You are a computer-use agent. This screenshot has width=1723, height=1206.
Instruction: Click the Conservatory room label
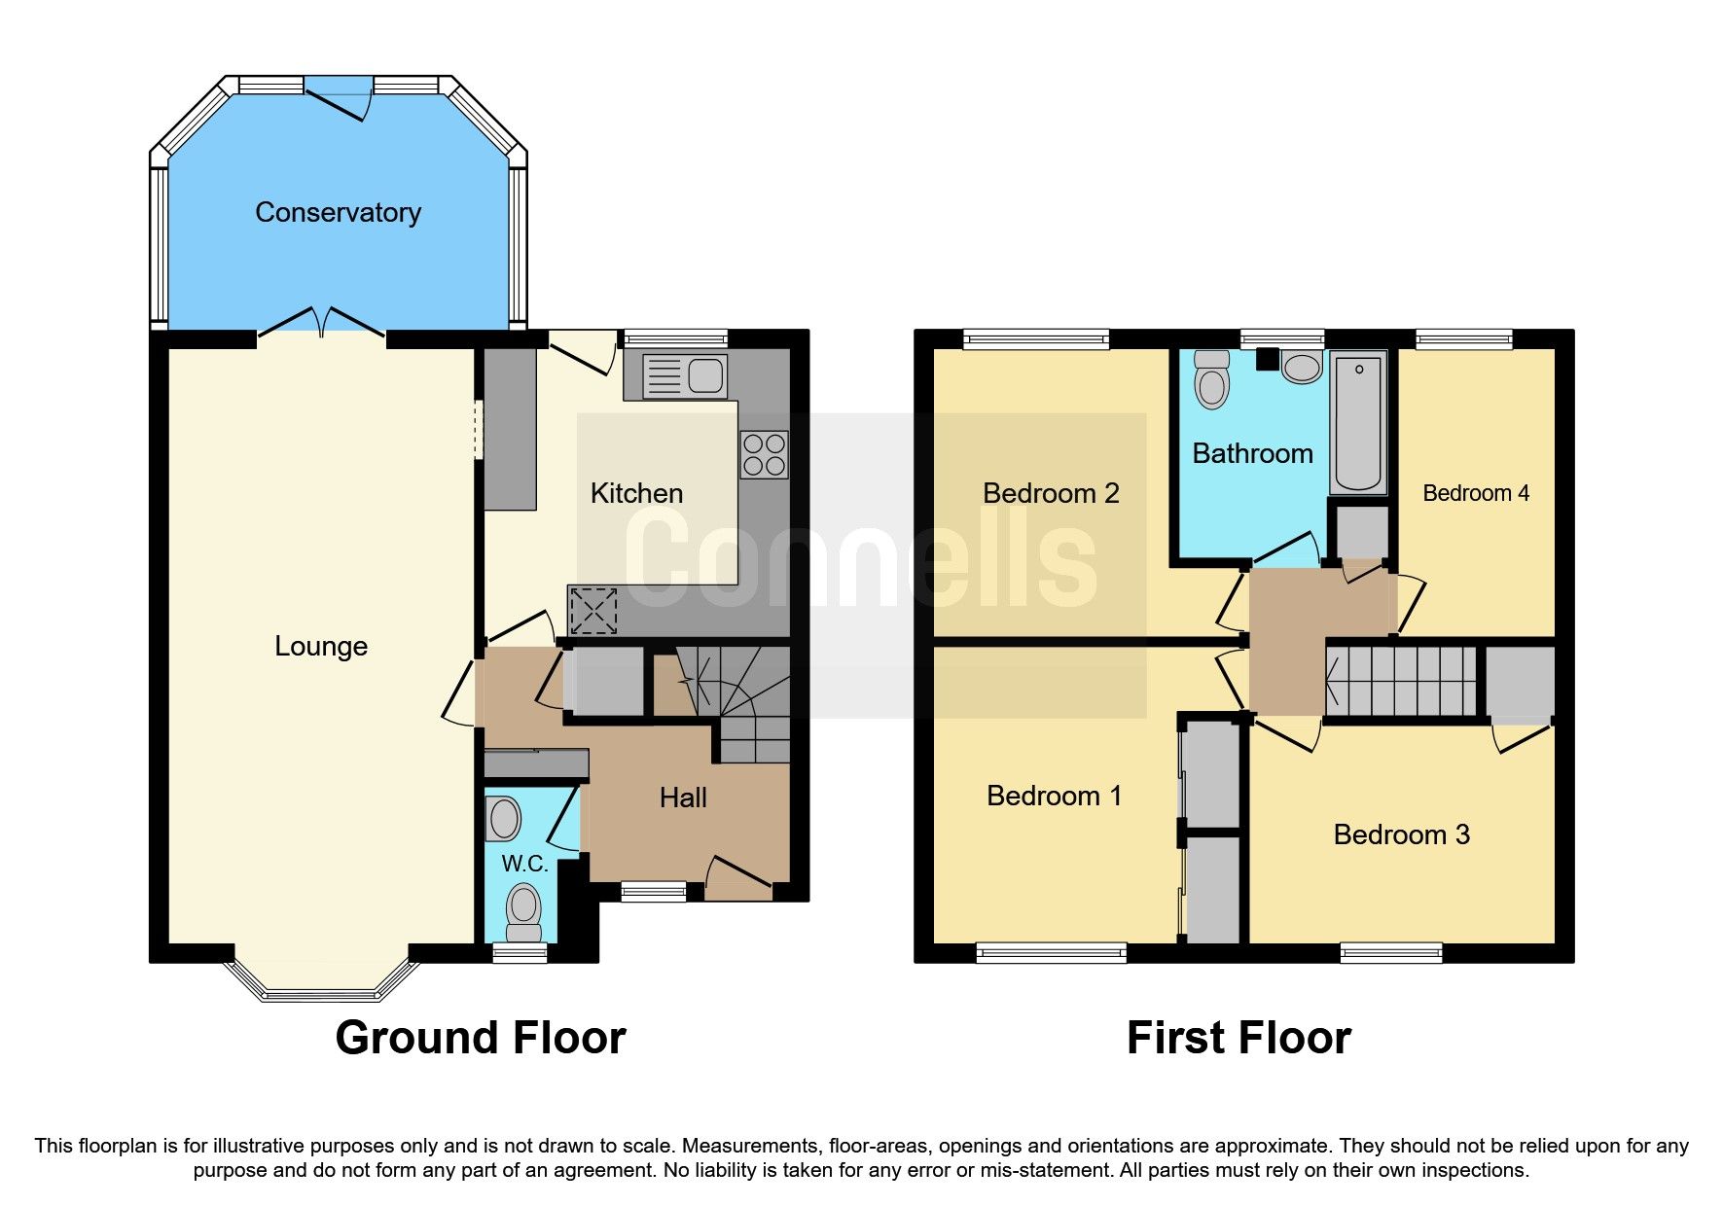click(338, 213)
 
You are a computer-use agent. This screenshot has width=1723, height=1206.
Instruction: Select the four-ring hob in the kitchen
click(765, 455)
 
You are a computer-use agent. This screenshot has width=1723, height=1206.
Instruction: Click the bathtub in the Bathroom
click(1358, 423)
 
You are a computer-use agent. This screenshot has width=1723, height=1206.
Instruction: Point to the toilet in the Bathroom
click(1212, 380)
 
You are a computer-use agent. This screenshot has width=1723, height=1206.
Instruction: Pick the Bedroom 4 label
click(1475, 493)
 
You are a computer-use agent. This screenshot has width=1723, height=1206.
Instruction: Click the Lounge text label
click(321, 646)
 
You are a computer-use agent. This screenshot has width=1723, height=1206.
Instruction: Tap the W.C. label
click(524, 863)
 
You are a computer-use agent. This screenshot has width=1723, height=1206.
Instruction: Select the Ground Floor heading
click(480, 1038)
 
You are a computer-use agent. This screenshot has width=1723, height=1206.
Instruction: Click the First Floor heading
click(1238, 1038)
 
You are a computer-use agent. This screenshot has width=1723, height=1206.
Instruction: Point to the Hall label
click(683, 798)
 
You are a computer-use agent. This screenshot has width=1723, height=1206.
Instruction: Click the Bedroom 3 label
click(1401, 834)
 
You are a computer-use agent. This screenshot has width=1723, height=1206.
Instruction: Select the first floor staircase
click(1401, 682)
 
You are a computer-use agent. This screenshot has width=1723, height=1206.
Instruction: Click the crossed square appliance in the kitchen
click(593, 611)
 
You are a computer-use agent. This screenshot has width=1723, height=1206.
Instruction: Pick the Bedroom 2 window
click(1036, 339)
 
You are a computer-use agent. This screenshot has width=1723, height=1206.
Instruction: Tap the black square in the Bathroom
click(1267, 359)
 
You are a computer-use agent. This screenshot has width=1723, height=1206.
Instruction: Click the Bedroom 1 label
click(1054, 796)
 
